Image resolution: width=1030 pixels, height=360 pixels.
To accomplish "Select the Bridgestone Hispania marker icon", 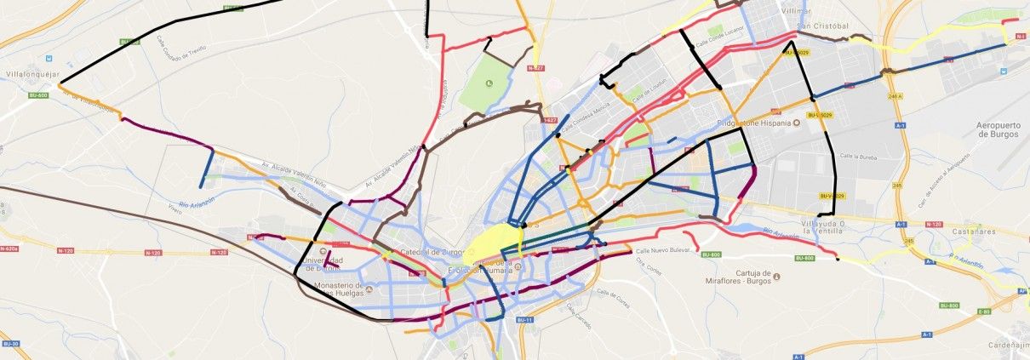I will coord(797,123).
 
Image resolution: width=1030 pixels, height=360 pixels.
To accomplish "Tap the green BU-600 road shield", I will coord(37,95).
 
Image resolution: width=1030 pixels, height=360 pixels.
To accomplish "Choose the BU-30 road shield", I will coord(10,343).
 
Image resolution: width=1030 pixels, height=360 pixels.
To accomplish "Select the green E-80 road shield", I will coord(984,311).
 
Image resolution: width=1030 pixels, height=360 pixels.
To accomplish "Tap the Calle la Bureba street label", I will coord(859,157).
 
